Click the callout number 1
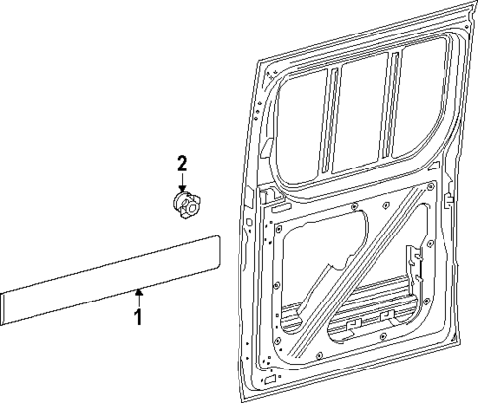coord(139,318)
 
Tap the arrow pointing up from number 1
coord(139,296)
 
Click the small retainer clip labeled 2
coord(184,205)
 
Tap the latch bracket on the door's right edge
coord(448,201)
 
